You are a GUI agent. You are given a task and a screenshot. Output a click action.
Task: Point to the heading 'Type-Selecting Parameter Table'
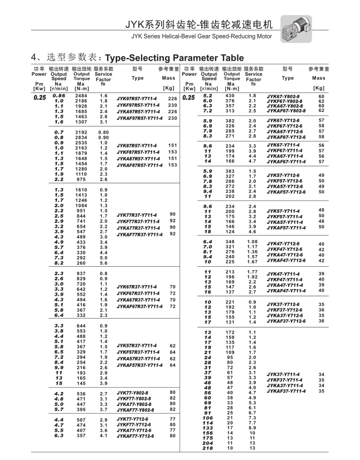click(x=174, y=57)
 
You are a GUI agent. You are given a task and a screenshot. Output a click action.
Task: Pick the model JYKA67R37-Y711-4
click(x=137, y=300)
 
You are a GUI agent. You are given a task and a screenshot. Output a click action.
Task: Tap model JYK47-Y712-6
click(x=284, y=244)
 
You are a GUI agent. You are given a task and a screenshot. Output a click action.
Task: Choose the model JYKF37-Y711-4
click(x=285, y=379)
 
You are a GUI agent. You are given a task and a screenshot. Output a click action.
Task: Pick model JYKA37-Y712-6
click(x=285, y=315)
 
